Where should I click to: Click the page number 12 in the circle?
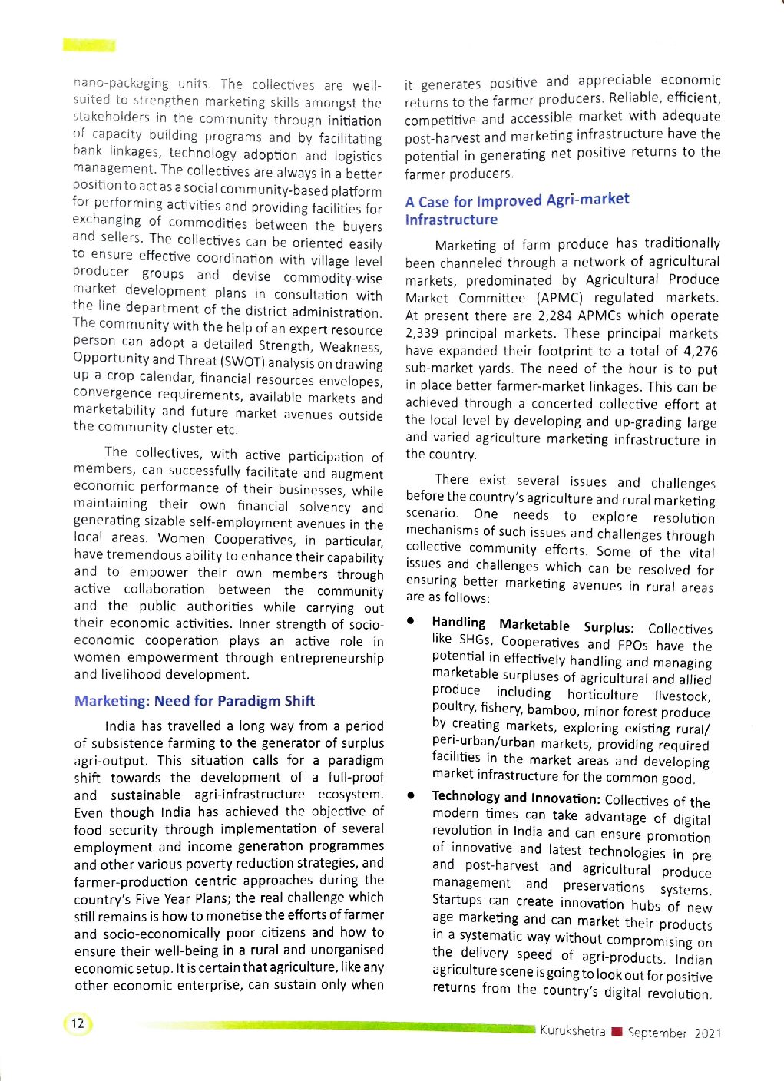coord(78,1023)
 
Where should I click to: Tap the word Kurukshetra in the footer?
coord(572,1031)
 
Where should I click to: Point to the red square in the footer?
coord(616,1032)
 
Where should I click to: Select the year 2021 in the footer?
coord(708,1033)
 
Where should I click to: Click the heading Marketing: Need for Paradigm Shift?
coord(194,701)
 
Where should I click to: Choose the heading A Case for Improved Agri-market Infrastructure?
coord(517,210)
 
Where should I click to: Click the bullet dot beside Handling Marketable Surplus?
coord(412,620)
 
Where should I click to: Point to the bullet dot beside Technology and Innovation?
coord(412,796)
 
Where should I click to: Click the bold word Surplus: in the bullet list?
coord(609,626)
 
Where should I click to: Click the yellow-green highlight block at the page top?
coord(89,45)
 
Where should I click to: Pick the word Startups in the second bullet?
coord(458,899)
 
